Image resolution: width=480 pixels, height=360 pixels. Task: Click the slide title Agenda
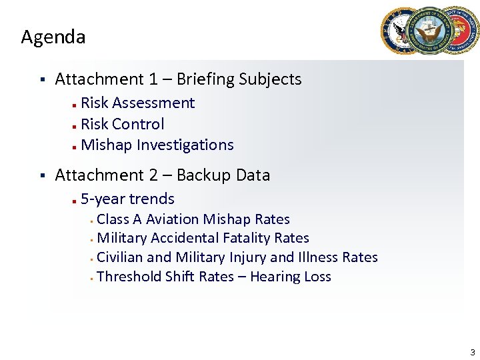(x=53, y=37)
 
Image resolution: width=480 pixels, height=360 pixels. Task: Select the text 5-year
(x=103, y=199)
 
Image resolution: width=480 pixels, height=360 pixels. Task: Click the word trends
(x=152, y=199)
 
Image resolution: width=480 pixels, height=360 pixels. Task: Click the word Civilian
(x=120, y=257)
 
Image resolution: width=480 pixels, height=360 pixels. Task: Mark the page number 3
(x=472, y=352)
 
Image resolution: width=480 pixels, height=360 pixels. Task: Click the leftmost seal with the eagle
(x=402, y=31)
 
